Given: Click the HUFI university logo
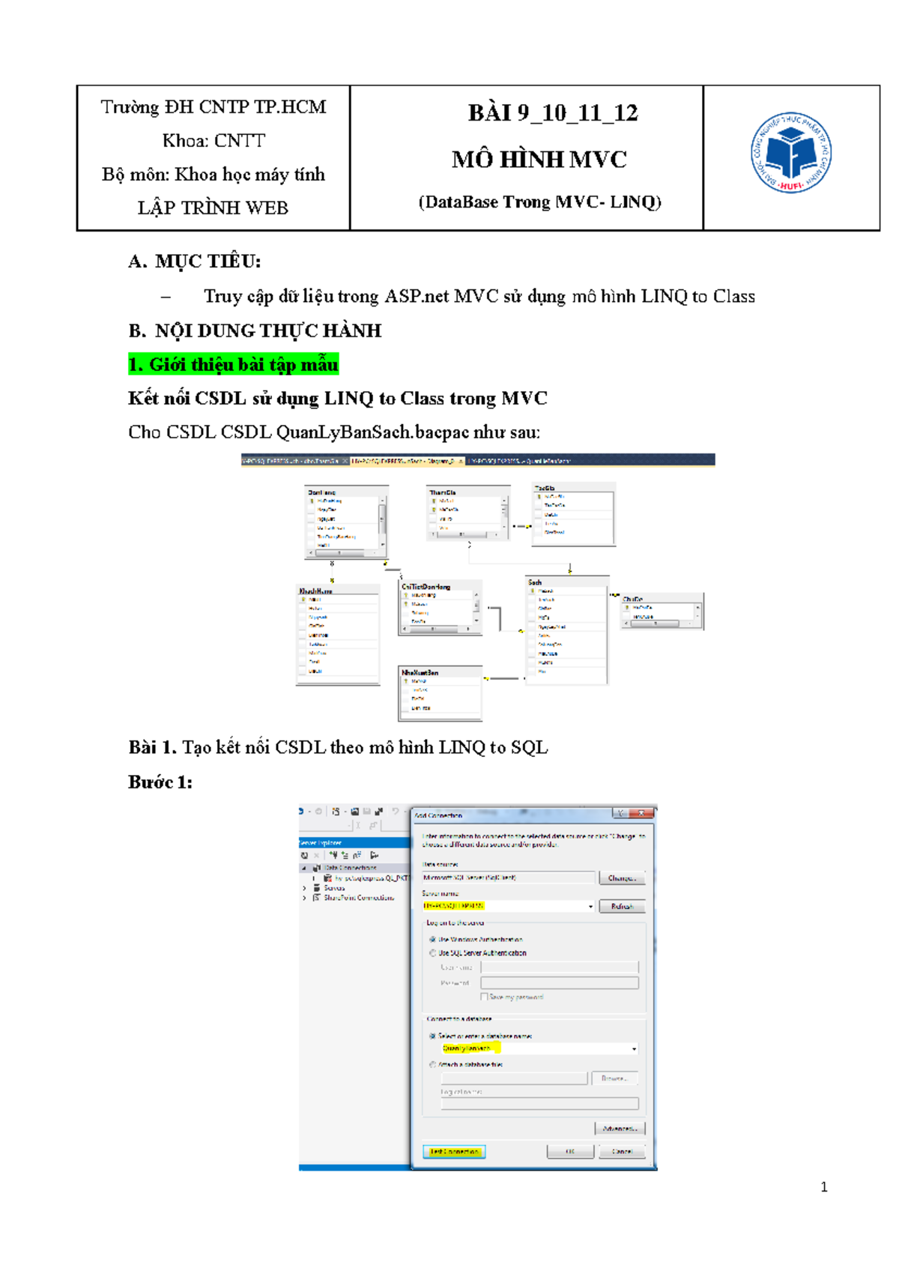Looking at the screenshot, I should point(791,153).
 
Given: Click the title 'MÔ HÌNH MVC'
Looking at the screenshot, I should point(539,160).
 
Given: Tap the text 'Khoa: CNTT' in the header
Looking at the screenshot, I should point(214,141).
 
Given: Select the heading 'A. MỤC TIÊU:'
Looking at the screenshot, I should point(195,262).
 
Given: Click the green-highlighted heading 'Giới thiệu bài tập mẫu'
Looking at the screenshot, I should point(234,365).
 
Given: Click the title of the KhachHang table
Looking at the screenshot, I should point(315,591).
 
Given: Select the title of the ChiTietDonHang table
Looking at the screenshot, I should point(426,587).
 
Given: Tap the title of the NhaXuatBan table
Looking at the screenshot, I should point(420,673).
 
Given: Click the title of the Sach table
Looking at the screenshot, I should point(535,582).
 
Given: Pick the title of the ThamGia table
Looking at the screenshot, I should point(443,492).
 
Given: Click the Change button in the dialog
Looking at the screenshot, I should point(622,878).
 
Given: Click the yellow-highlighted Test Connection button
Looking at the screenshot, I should point(454,1151).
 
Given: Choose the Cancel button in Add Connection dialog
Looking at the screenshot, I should point(622,1151).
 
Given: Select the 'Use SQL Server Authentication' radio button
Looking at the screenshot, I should point(432,953).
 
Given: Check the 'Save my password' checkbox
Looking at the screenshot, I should point(484,997).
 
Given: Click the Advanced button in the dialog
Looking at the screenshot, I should point(620,1128).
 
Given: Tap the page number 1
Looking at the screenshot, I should point(824,1187).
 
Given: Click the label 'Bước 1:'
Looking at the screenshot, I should point(160,782).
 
